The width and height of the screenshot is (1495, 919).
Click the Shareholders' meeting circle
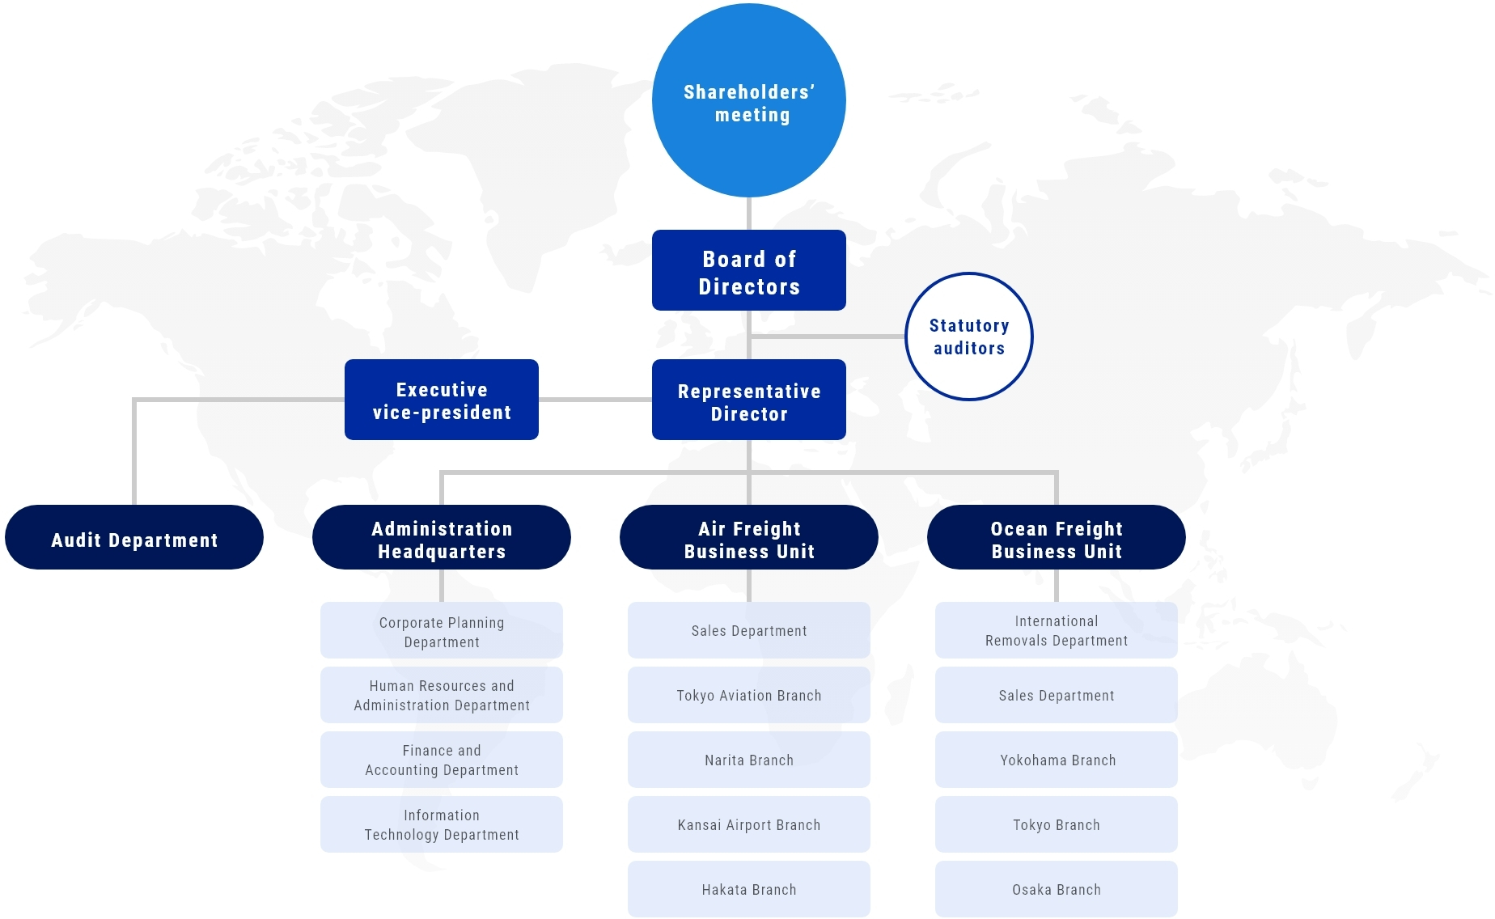[x=749, y=100]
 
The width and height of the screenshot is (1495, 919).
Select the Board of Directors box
[x=749, y=270]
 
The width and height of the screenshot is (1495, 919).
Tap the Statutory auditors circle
[x=969, y=337]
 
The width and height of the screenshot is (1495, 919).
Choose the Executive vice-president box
[x=442, y=400]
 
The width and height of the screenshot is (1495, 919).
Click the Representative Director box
[x=749, y=400]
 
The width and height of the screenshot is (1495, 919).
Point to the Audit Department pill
[x=134, y=537]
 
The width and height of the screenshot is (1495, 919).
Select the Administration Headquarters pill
[x=442, y=537]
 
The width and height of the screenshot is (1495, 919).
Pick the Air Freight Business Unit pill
[x=749, y=537]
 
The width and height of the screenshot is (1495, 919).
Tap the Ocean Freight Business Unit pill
[x=1057, y=537]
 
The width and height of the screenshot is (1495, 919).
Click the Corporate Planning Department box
[x=442, y=630]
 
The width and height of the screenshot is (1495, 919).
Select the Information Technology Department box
[x=442, y=824]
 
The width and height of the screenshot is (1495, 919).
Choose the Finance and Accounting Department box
[x=442, y=760]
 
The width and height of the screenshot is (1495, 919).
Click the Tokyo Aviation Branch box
[x=749, y=695]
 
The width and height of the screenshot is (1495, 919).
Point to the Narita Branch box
[x=749, y=760]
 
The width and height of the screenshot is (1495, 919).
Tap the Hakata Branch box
[x=749, y=889]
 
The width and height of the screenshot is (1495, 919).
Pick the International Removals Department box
[x=1057, y=630]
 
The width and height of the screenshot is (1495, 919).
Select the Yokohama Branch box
[x=1057, y=760]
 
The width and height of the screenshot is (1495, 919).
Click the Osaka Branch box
[x=1057, y=889]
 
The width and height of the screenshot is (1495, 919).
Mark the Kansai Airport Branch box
[x=749, y=824]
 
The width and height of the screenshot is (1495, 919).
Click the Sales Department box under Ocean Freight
[x=1057, y=695]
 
